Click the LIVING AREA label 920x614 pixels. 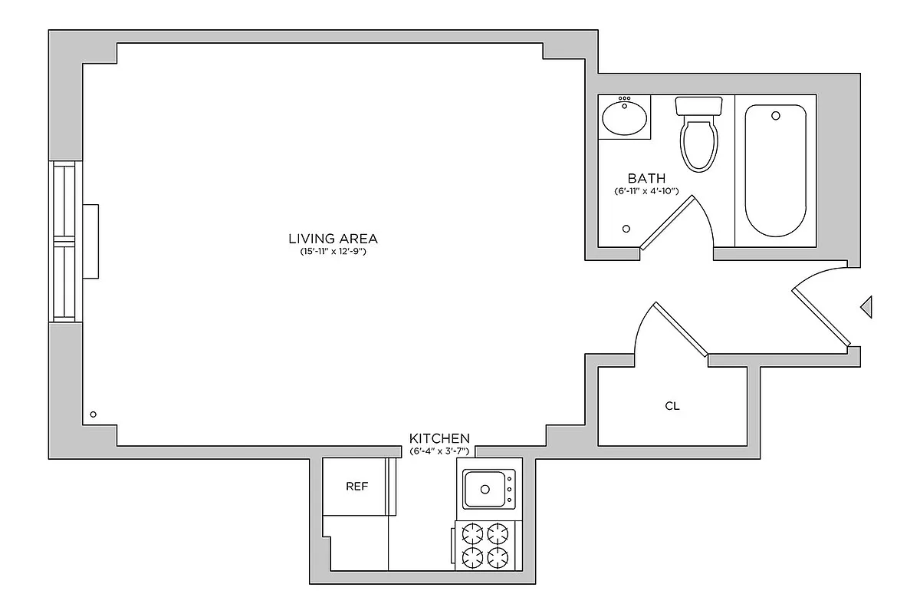pyautogui.click(x=333, y=239)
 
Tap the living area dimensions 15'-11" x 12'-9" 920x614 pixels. pyautogui.click(x=333, y=252)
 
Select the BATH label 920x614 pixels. pyautogui.click(x=646, y=178)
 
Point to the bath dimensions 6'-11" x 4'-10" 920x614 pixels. pyautogui.click(x=646, y=190)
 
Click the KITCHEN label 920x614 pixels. pyautogui.click(x=439, y=437)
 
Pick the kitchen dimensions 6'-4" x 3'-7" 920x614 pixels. pyautogui.click(x=439, y=451)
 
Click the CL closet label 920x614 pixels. pyautogui.click(x=672, y=406)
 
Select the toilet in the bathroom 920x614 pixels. pyautogui.click(x=698, y=134)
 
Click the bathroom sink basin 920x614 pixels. pyautogui.click(x=624, y=118)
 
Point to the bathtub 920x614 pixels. pyautogui.click(x=775, y=170)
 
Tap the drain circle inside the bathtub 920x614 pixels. pyautogui.click(x=776, y=116)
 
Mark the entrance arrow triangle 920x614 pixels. pyautogui.click(x=866, y=307)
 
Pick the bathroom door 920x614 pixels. pyautogui.click(x=668, y=223)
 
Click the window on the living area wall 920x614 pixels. pyautogui.click(x=64, y=241)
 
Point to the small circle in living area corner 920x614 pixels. pyautogui.click(x=93, y=414)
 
